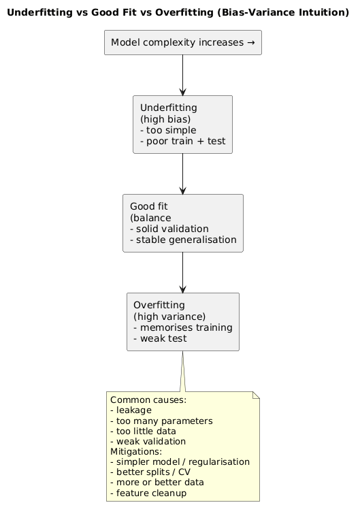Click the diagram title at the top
(180, 12)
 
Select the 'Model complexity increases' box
(182, 42)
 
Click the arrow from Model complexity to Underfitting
(182, 75)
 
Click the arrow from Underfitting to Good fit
(182, 174)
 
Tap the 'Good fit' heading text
(148, 206)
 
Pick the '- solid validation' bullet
(169, 228)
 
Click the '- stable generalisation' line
(182, 240)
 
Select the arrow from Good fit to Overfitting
(182, 272)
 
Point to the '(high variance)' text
(168, 316)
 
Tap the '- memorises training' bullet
(182, 327)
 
